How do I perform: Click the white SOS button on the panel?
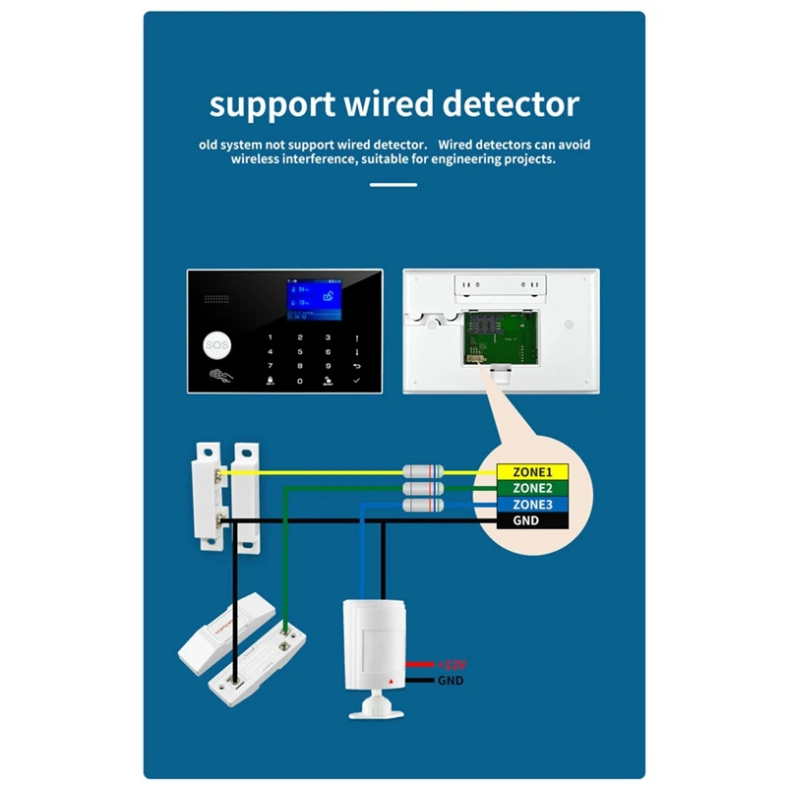[x=214, y=345]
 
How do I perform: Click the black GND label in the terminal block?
[x=526, y=520]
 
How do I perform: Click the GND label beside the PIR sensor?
[x=450, y=681]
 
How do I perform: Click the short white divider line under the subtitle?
[x=393, y=184]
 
